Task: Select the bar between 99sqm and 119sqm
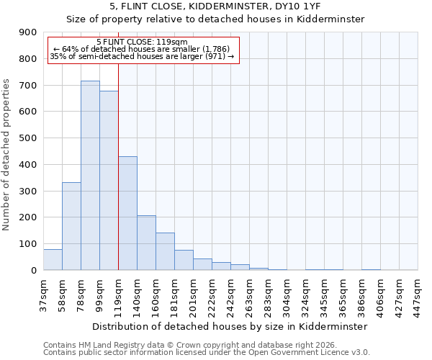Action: click(109, 180)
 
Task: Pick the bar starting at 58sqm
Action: click(71, 226)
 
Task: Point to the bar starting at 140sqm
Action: click(146, 243)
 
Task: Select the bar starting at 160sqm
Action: click(165, 251)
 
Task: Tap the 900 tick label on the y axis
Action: click(28, 32)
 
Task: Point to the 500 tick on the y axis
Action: click(28, 138)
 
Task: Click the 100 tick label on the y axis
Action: click(28, 244)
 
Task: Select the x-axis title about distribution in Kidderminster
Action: click(230, 326)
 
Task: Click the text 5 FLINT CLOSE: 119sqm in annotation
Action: click(142, 42)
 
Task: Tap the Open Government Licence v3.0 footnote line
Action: click(207, 353)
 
